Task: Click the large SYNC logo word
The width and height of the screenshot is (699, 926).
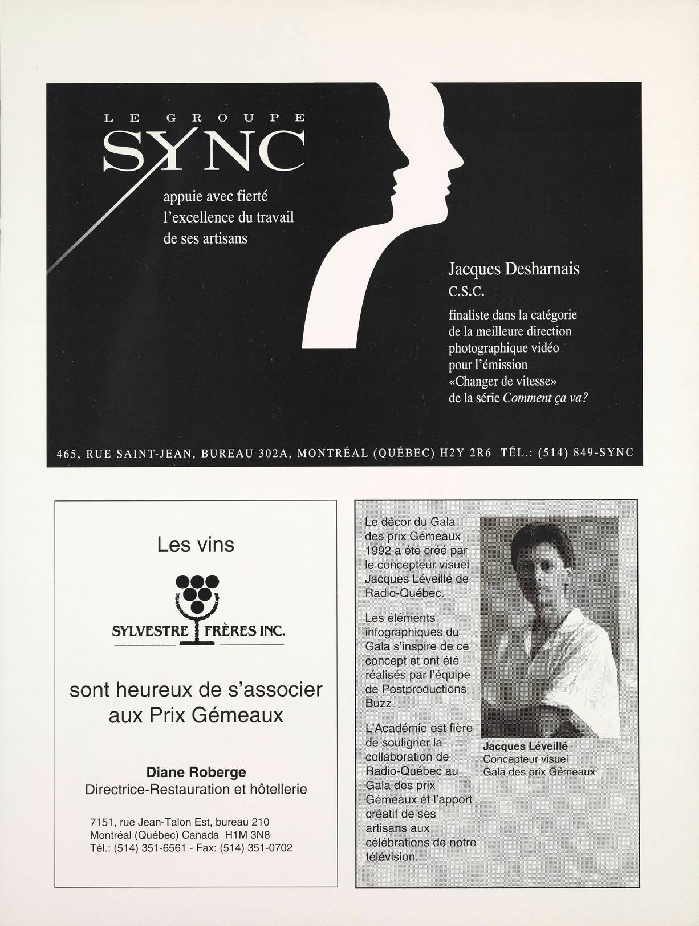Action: point(204,151)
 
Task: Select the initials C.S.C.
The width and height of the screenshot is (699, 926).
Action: point(466,292)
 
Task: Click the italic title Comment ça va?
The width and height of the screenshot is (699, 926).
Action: point(545,398)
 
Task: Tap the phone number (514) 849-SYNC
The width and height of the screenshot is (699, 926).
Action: point(586,453)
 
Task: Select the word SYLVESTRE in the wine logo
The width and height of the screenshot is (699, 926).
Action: point(150,632)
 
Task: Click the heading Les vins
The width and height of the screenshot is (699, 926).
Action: point(196,544)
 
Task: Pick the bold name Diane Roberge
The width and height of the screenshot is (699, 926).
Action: point(196,772)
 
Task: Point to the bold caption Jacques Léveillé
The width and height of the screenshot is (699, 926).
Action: point(525,746)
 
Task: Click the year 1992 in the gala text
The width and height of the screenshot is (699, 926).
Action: point(378,551)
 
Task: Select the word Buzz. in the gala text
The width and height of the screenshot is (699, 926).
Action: point(379,703)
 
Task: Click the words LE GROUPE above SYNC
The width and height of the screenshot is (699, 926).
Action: point(204,118)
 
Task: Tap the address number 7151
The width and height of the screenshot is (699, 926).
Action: point(103,822)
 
